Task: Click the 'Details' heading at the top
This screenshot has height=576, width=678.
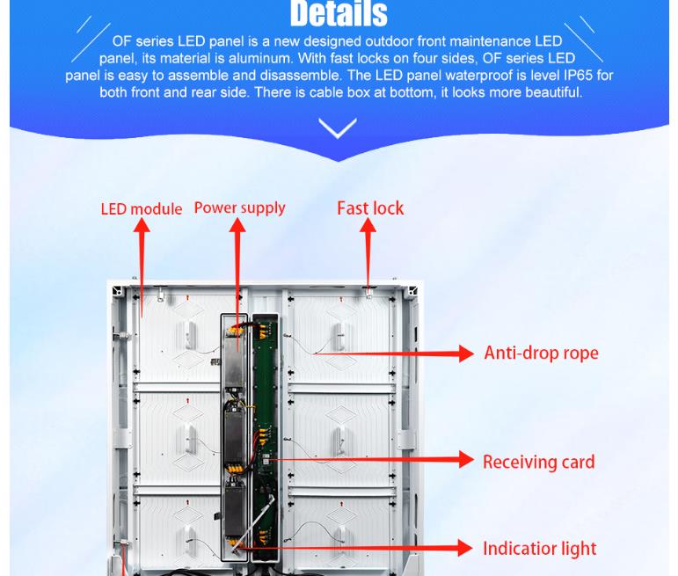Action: point(339,13)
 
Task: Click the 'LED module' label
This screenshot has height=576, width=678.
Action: point(142,209)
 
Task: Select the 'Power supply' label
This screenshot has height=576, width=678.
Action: point(239,208)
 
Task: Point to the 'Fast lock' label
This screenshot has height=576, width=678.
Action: point(370,208)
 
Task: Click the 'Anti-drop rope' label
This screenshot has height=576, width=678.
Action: point(542,353)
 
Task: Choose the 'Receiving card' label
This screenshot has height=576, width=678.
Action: point(539,462)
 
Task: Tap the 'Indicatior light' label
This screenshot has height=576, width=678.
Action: point(540,549)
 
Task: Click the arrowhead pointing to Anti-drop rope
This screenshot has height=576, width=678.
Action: point(466,354)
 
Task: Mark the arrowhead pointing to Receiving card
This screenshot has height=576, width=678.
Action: point(466,459)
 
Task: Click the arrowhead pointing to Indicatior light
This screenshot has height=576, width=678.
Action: point(465,548)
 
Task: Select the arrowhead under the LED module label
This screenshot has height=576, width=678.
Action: point(142,225)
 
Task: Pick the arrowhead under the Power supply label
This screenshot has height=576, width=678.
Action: point(237,225)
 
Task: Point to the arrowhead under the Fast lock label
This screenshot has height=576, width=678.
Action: point(368,225)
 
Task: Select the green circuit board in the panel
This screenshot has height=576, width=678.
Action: point(265,437)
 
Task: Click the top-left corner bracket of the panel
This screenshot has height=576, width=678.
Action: point(117,290)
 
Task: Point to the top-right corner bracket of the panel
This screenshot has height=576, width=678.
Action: point(412,290)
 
